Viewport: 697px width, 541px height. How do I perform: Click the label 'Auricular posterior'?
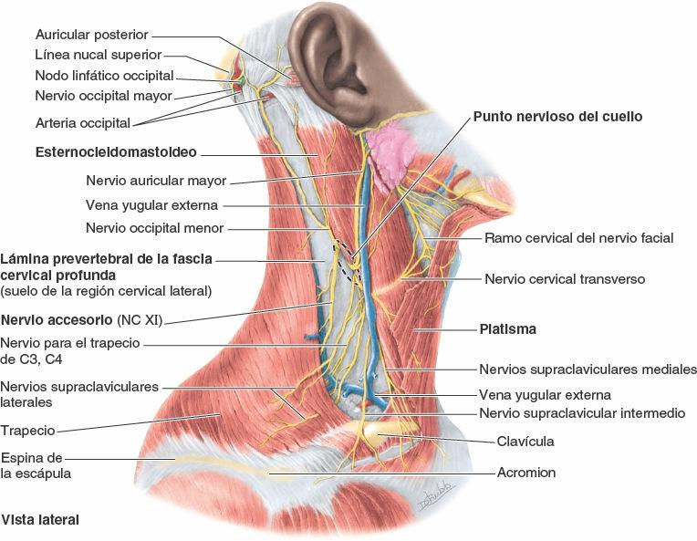click(90, 35)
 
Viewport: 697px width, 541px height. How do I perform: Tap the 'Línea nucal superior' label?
click(99, 56)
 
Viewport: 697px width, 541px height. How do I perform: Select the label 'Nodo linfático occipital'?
click(104, 76)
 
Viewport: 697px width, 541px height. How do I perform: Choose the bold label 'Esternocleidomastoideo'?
click(116, 152)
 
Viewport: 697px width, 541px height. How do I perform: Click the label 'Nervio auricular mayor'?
click(156, 181)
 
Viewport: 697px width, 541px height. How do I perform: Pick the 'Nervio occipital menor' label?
click(154, 228)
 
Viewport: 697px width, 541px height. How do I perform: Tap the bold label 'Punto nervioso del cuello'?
click(557, 117)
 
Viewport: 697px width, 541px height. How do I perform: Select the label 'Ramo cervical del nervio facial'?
click(578, 238)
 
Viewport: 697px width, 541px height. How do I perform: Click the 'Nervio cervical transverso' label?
click(565, 279)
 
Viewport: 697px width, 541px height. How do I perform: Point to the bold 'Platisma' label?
click(507, 328)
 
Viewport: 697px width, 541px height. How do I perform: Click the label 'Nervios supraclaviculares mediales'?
click(588, 369)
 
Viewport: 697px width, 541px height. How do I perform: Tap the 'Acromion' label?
click(526, 473)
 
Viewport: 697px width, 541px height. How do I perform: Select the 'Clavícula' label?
click(525, 442)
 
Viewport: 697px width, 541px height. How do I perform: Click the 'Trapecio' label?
click(28, 430)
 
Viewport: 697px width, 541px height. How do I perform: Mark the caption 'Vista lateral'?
click(41, 520)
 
